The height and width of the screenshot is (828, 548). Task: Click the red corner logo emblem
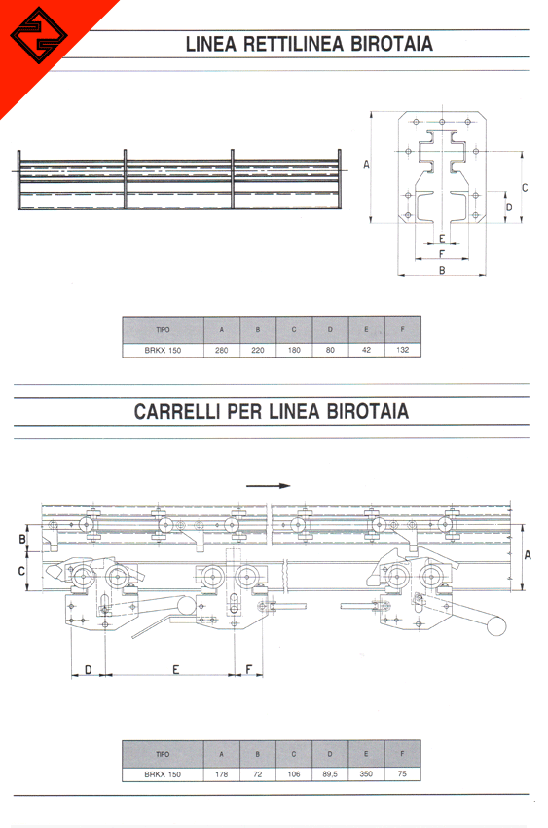39,36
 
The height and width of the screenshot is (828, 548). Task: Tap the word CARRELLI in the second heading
177,411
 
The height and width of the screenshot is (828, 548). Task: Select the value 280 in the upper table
222,350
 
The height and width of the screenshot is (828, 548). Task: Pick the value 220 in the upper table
258,350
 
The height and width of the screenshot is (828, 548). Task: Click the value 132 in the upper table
402,350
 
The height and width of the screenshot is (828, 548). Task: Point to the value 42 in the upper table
367,350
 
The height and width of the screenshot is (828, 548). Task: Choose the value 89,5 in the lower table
330,774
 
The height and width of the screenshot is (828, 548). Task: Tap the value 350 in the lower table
366,774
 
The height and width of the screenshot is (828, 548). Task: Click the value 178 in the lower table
222,774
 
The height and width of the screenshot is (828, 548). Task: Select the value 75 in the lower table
402,774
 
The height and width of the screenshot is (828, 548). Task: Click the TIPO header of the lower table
163,754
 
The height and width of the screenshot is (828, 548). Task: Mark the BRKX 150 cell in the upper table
163,350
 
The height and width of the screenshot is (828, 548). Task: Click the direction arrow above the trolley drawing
268,486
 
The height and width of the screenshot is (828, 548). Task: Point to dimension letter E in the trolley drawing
175,669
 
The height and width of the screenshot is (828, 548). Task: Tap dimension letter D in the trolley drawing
88,669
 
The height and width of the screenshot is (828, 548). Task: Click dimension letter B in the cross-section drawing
442,270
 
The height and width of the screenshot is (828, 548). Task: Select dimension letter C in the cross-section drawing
525,187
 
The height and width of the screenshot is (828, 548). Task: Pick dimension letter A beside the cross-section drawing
367,165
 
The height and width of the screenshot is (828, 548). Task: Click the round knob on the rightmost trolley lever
496,626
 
